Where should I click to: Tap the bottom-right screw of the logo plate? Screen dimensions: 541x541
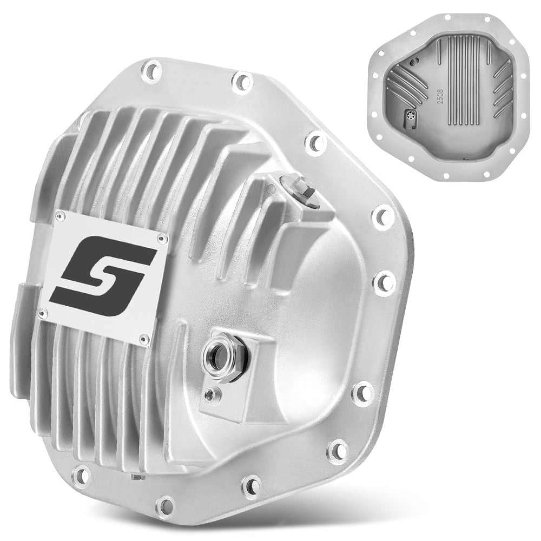point(143,339)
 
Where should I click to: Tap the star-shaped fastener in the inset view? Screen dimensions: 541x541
point(411,115)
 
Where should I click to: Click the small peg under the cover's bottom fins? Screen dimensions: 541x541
point(138,477)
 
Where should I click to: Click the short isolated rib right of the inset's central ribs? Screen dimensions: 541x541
point(489,52)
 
